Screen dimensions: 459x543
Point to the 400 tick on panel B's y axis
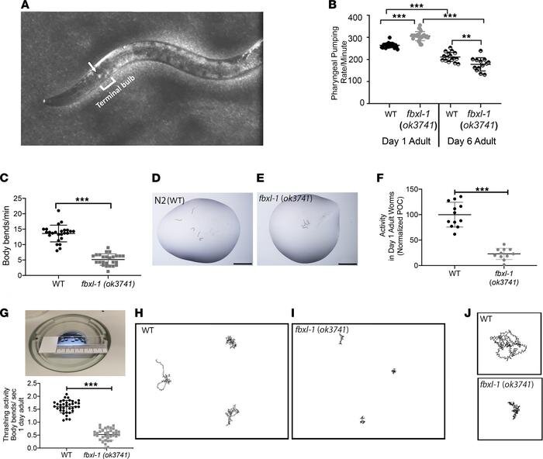pyautogui.click(x=354, y=17)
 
